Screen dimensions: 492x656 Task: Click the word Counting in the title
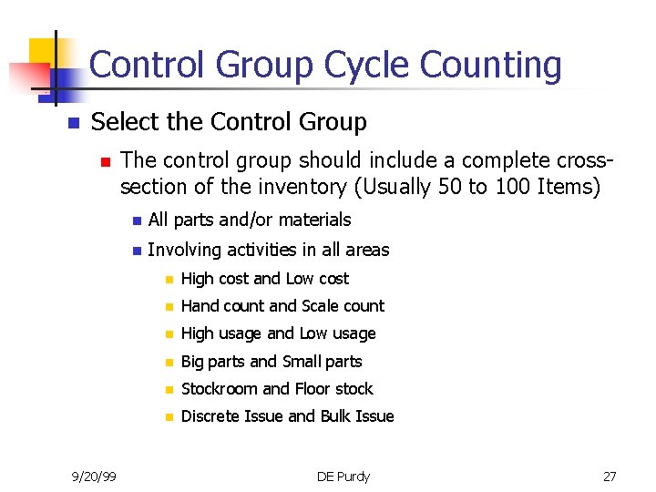tap(492, 67)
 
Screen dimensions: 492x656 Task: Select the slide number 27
tap(610, 476)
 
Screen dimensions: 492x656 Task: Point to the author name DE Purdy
tap(343, 476)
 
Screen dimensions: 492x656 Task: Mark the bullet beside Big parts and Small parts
tap(168, 362)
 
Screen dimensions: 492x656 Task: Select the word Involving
tap(186, 250)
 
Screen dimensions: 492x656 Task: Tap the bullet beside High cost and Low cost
tap(168, 280)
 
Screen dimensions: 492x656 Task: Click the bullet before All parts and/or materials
tap(135, 220)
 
